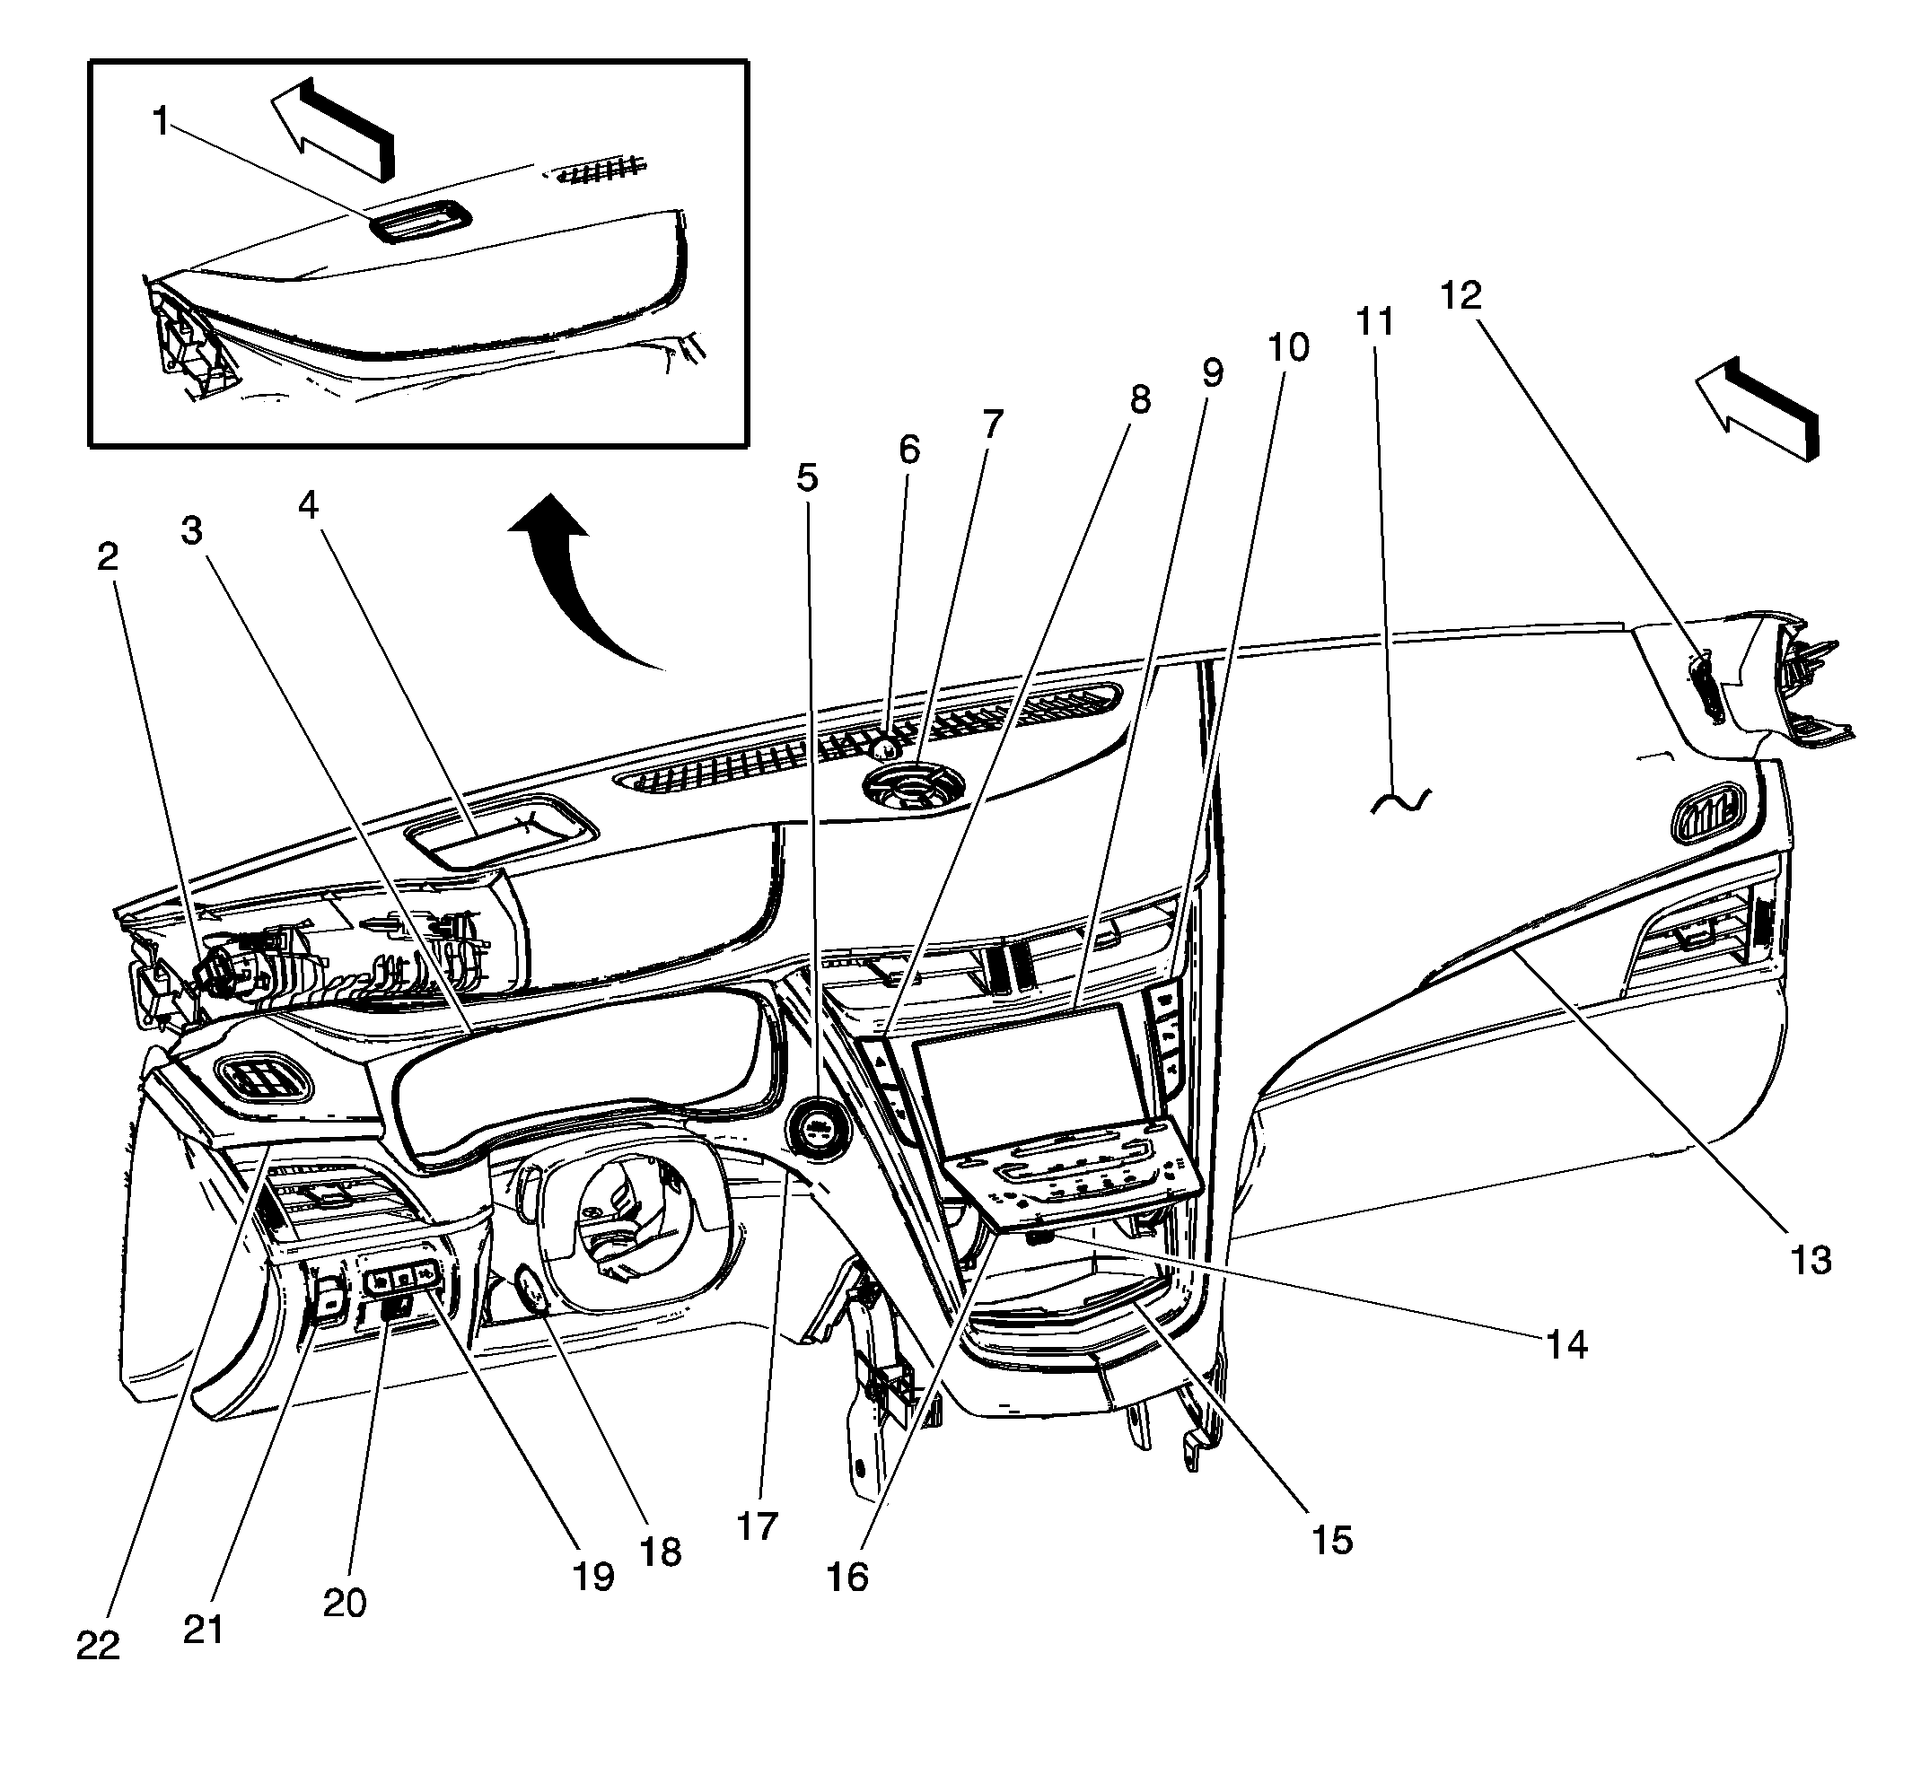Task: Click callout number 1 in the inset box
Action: pos(161,122)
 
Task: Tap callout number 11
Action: pos(1374,322)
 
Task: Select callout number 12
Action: pos(1460,295)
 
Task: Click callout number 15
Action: pos(1332,1540)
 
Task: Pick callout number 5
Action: pos(808,476)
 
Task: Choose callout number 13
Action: pos(1810,1261)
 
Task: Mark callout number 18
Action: pos(661,1552)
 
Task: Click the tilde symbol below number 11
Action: pos(1400,800)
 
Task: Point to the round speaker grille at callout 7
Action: pos(912,785)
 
